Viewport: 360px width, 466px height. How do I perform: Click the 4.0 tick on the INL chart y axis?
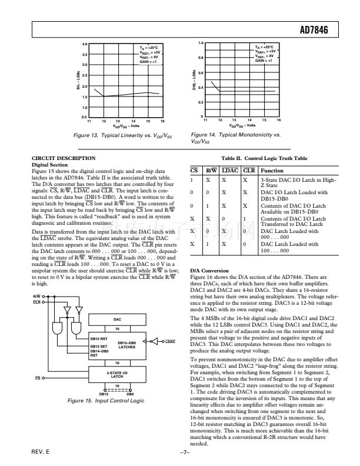[x=85, y=44]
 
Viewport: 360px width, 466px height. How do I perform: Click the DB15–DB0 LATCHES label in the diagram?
[x=127, y=345]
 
